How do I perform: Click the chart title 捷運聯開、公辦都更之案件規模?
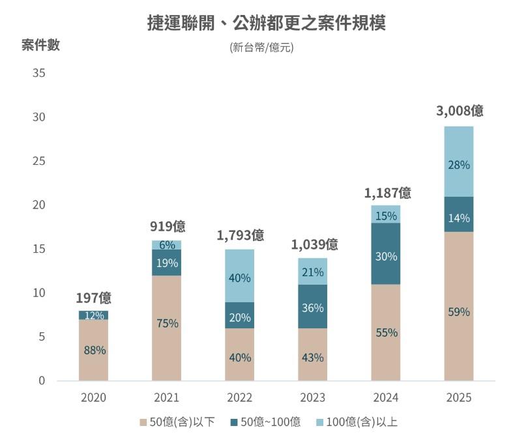[266, 23]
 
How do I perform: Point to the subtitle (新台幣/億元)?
[261, 48]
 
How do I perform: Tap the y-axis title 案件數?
[40, 45]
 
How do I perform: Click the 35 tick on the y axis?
[38, 73]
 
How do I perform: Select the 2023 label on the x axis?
[312, 397]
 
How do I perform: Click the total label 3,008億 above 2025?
[459, 111]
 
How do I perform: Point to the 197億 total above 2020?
[93, 298]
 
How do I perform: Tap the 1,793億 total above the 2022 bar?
[239, 235]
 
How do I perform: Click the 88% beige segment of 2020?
[94, 350]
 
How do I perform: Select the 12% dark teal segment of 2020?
[94, 315]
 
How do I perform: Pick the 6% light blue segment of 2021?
[167, 246]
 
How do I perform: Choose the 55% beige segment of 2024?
[386, 332]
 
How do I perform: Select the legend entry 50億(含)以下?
[173, 422]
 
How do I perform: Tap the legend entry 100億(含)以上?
[355, 422]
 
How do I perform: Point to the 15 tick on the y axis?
[38, 249]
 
